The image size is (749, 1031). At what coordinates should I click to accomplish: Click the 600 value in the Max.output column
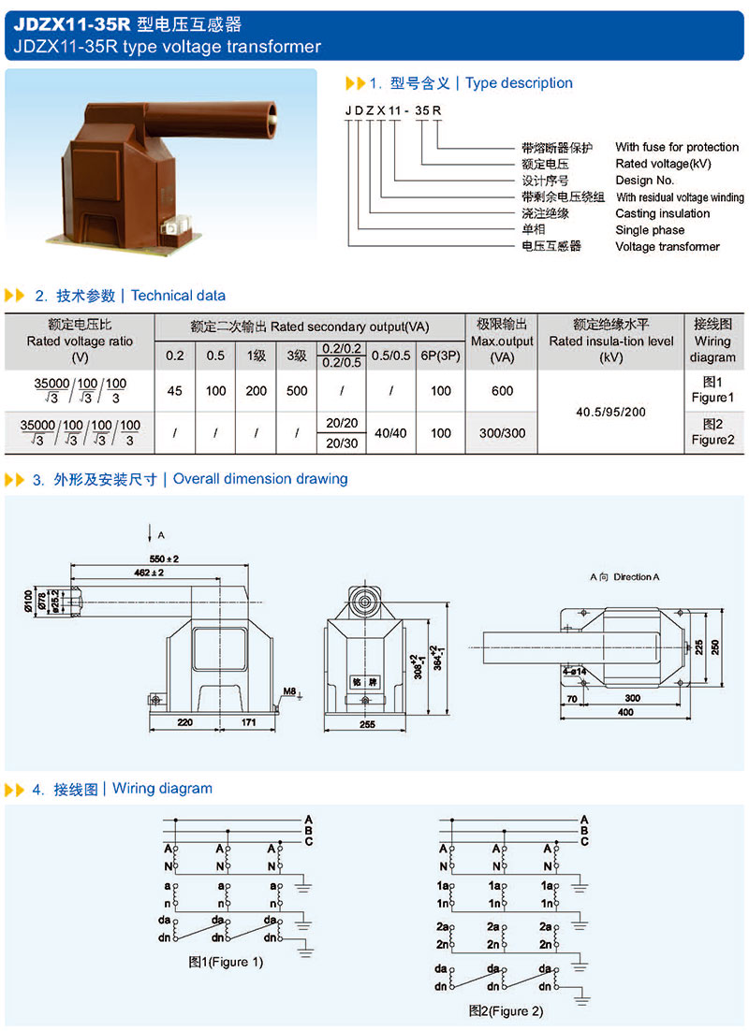point(503,391)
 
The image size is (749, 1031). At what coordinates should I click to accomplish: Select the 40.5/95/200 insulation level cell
point(611,411)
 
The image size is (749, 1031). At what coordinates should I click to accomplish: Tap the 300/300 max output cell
point(503,433)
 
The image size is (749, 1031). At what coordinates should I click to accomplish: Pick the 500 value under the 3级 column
point(297,391)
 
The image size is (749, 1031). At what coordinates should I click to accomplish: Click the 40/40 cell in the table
point(389,433)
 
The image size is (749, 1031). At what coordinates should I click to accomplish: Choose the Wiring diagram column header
point(712,341)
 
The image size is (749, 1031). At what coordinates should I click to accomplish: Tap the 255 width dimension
point(366,723)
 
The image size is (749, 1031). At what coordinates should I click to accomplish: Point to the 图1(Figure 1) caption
point(226,962)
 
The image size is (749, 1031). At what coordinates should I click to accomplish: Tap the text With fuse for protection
point(676,147)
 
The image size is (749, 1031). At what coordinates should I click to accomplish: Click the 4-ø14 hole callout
point(575,671)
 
